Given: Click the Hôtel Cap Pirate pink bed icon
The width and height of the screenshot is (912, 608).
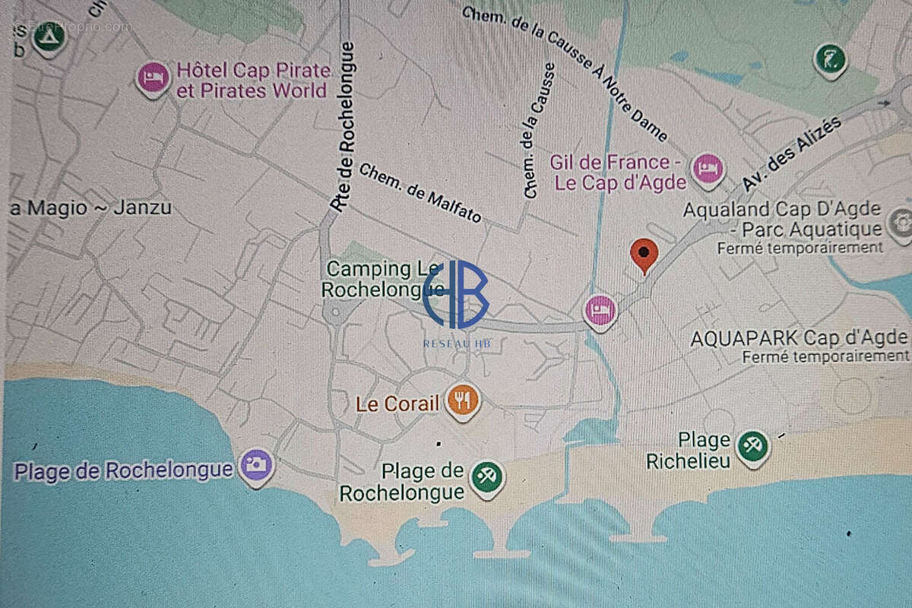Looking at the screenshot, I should [153, 78].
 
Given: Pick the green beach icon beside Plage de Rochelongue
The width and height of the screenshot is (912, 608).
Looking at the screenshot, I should [486, 477].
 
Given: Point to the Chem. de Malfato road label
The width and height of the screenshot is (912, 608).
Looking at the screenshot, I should [420, 193].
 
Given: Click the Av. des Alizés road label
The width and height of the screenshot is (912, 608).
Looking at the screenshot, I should [792, 154].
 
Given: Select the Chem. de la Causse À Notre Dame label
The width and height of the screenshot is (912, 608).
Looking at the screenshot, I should [565, 74].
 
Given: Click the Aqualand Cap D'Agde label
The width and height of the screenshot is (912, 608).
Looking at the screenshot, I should [783, 219].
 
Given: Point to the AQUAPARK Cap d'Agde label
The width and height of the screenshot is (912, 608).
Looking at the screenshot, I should [799, 338].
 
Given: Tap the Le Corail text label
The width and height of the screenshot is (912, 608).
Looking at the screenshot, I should [397, 404].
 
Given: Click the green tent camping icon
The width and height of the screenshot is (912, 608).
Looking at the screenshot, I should [48, 38].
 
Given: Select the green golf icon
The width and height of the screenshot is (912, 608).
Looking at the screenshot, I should [830, 59].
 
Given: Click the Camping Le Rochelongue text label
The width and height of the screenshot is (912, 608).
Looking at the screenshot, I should [382, 279].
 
